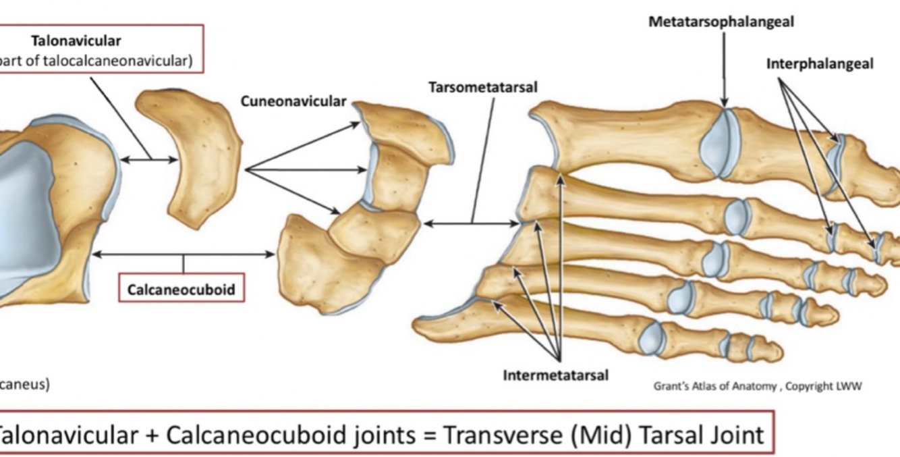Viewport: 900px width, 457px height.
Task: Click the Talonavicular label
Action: pos(76,41)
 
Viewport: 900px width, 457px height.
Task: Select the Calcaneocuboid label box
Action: pos(181,290)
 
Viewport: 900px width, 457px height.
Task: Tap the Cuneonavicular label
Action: pos(293,101)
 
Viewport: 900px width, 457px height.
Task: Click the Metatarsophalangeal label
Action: pos(721,22)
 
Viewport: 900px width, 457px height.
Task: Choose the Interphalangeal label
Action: pos(819,63)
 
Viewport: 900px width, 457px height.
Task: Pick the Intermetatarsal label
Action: pos(555,375)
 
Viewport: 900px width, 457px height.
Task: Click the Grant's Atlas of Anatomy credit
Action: pos(757,386)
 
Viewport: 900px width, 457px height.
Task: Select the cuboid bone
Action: pos(317,267)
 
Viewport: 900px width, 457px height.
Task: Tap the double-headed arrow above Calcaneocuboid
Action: pos(184,254)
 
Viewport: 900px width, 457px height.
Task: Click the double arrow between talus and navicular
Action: pos(149,160)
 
